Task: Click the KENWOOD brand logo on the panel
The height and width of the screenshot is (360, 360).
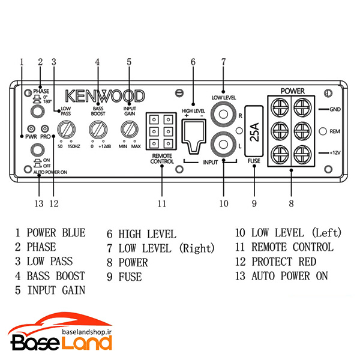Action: pos(105,96)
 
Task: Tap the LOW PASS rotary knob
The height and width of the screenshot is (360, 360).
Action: pos(67,130)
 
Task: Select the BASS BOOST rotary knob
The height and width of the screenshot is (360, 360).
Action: pos(98,130)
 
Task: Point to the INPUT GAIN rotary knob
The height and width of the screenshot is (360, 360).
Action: pos(130,129)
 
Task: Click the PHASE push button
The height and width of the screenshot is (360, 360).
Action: pos(37,112)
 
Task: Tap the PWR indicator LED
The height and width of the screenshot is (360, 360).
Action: pos(31,128)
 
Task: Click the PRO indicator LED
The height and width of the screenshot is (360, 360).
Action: pos(44,128)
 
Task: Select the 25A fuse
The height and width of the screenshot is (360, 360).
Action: pos(254,131)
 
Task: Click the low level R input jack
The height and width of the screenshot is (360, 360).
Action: pos(223,114)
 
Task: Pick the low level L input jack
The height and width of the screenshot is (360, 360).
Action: pos(223,145)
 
